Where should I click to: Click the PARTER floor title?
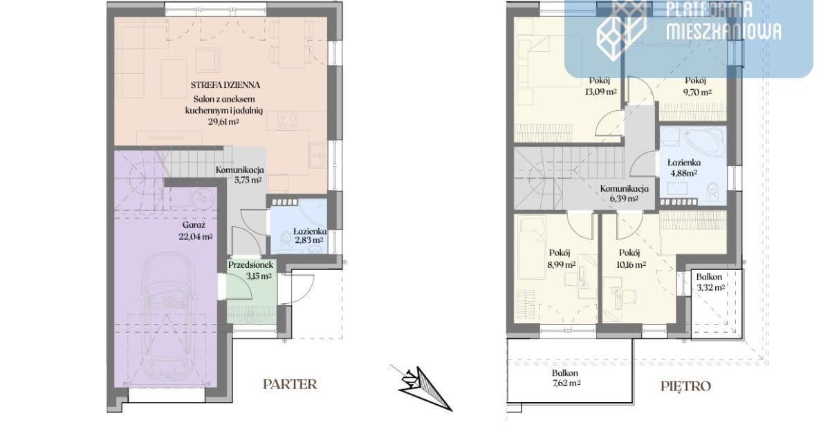point(290,385)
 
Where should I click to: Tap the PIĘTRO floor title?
point(686,386)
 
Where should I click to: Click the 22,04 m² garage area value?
point(196,237)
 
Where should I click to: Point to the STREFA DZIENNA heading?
point(225,85)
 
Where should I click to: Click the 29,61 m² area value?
point(223,122)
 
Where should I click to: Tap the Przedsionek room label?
point(250,264)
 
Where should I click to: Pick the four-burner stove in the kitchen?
point(288,121)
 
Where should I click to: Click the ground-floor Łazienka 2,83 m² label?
point(310,235)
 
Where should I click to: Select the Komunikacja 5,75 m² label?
point(240,174)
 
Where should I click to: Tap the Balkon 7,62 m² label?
point(566,378)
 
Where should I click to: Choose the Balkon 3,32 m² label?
point(710,282)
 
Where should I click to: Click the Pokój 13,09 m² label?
point(600,86)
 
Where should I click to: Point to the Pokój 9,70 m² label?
point(697,86)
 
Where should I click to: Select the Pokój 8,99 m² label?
point(561,258)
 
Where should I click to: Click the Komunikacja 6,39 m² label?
point(625,193)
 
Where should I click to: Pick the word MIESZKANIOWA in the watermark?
point(724,31)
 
